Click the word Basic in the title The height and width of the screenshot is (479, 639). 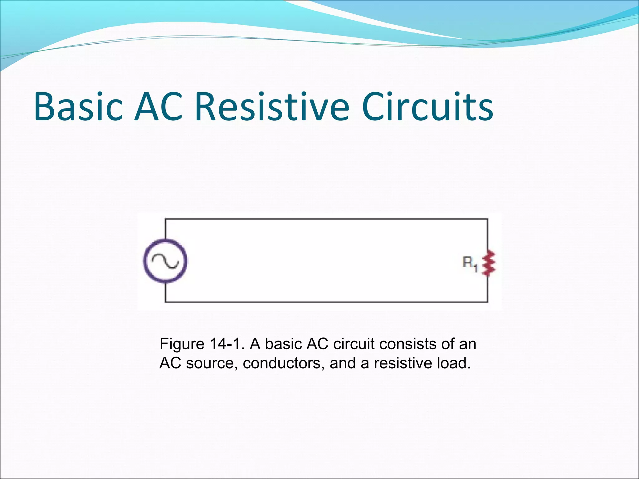click(x=78, y=107)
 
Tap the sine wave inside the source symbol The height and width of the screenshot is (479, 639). click(x=165, y=261)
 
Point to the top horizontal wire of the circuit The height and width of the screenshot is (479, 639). click(x=326, y=219)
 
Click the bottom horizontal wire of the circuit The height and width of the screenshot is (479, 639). click(x=326, y=302)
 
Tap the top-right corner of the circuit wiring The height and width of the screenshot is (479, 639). click(x=488, y=220)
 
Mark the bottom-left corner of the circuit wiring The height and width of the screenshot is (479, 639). click(x=165, y=302)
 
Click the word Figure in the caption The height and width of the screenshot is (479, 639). click(x=182, y=344)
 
